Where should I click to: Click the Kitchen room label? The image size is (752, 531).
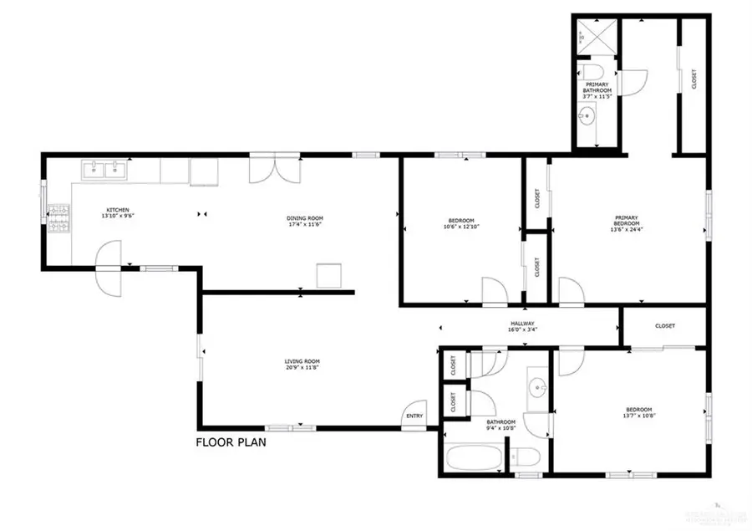coord(116,210)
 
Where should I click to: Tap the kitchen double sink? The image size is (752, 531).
coord(104,171)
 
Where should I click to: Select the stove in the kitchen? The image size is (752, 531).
coord(59,219)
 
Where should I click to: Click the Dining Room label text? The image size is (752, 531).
coord(305,219)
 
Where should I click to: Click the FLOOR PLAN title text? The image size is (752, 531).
coord(231,442)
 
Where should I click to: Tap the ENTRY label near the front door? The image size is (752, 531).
coord(414,416)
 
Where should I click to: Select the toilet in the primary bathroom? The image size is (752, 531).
coord(596,69)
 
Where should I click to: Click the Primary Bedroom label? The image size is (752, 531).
coord(627,222)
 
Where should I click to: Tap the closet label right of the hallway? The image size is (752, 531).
coord(665,326)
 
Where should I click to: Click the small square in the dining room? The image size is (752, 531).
coord(328,275)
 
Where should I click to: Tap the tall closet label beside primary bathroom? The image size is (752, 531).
coord(694,79)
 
